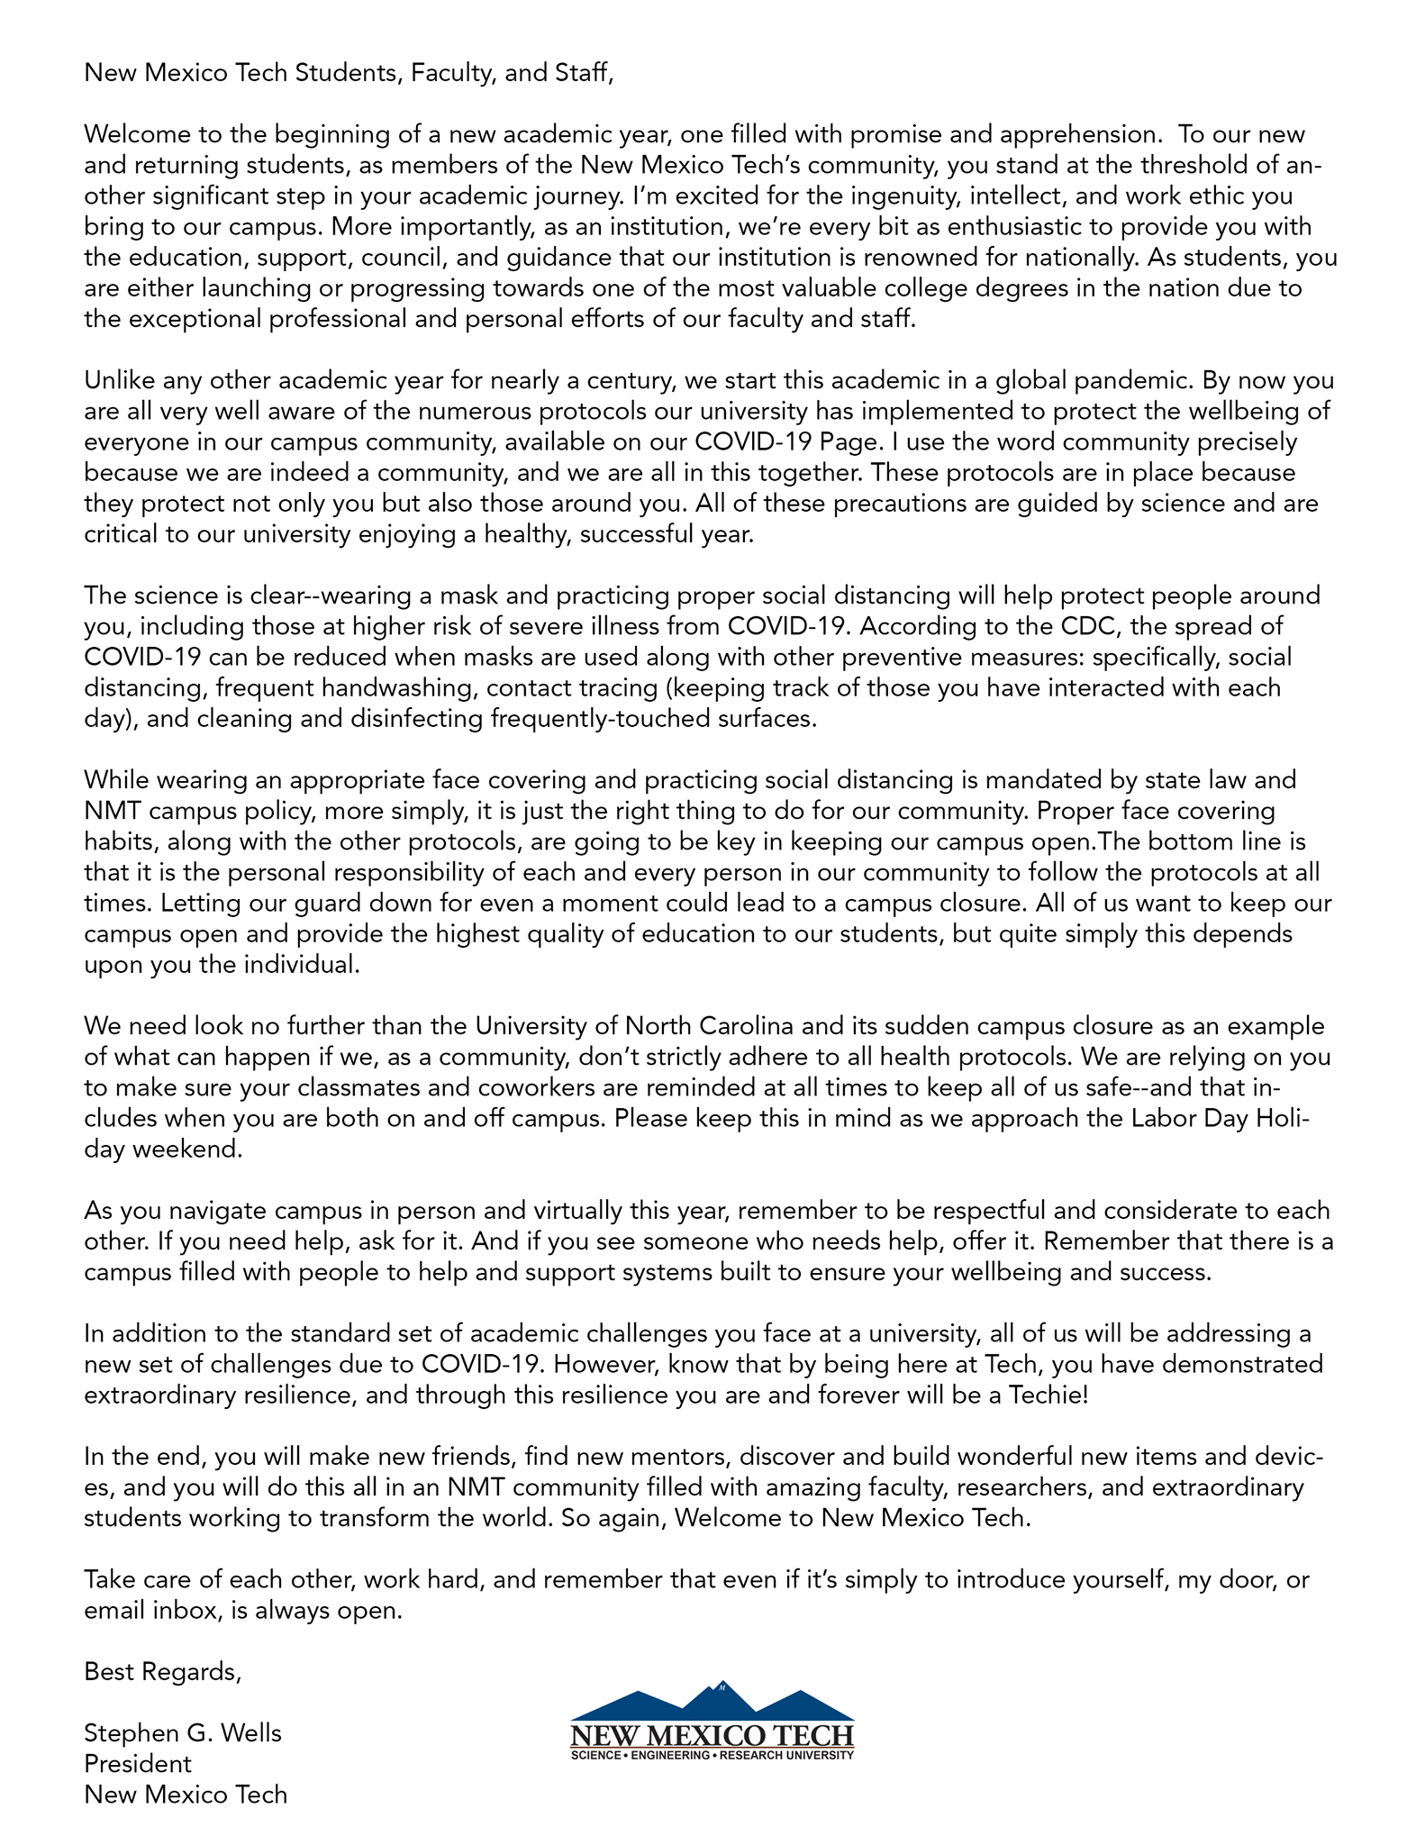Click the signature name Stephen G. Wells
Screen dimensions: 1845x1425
pyautogui.click(x=183, y=1733)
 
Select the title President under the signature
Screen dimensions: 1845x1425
pyautogui.click(x=138, y=1764)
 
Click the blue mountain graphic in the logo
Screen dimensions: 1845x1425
pyautogui.click(x=712, y=1704)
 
